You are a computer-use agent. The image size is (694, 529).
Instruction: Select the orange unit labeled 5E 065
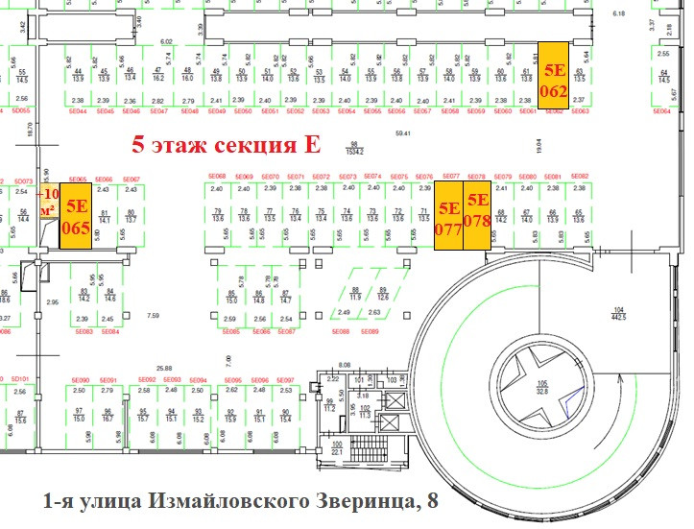click(x=76, y=217)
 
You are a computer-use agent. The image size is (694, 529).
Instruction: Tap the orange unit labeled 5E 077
click(x=448, y=218)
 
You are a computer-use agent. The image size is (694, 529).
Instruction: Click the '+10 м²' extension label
click(x=48, y=201)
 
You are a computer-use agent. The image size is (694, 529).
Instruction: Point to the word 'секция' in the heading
click(x=253, y=146)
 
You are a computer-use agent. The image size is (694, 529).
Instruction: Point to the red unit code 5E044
click(x=77, y=111)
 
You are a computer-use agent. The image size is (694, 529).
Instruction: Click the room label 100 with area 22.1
click(x=337, y=449)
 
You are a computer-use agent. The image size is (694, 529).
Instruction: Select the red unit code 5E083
click(x=83, y=331)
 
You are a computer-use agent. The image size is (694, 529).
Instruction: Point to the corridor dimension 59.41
click(x=414, y=133)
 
